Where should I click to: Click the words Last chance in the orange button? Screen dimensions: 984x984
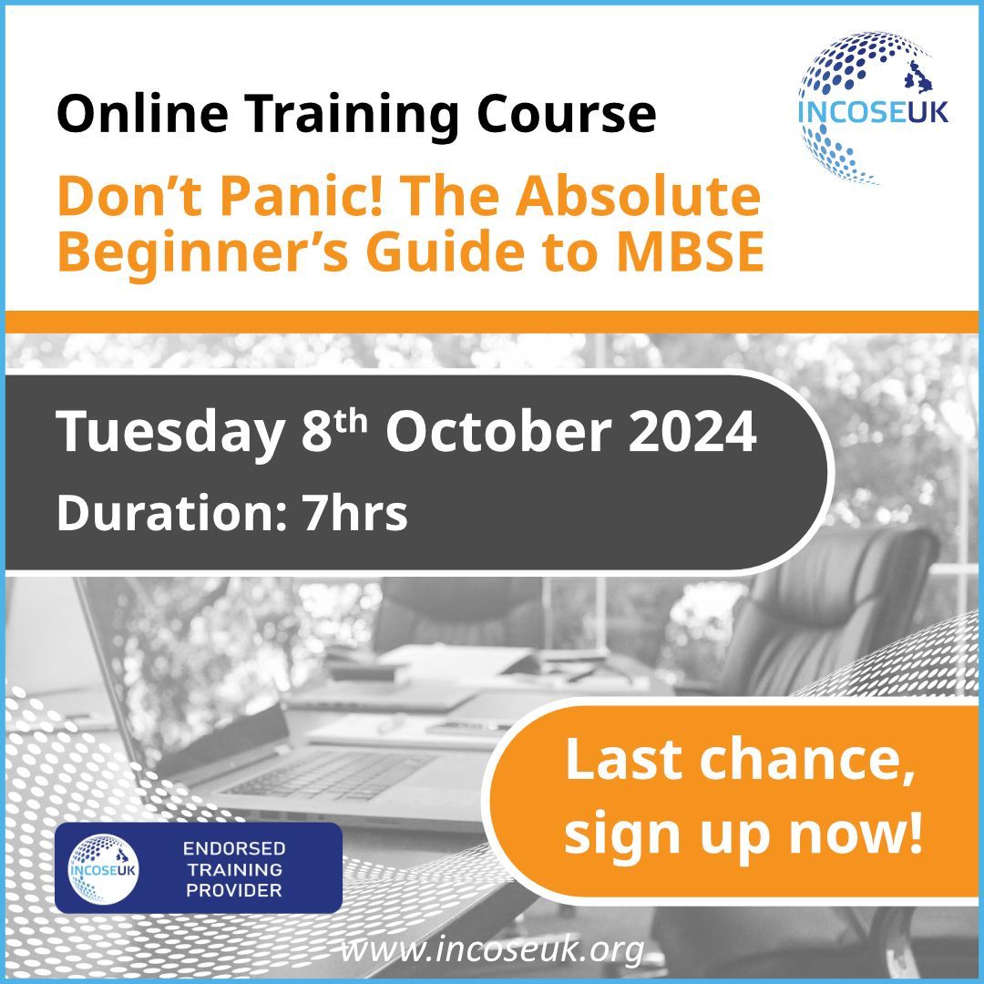(740, 760)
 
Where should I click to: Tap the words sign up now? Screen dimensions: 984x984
(743, 834)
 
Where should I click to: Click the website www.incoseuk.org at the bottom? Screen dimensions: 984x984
(492, 950)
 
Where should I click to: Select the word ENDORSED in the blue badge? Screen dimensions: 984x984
(234, 848)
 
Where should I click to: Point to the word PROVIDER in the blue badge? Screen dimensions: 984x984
(234, 889)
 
